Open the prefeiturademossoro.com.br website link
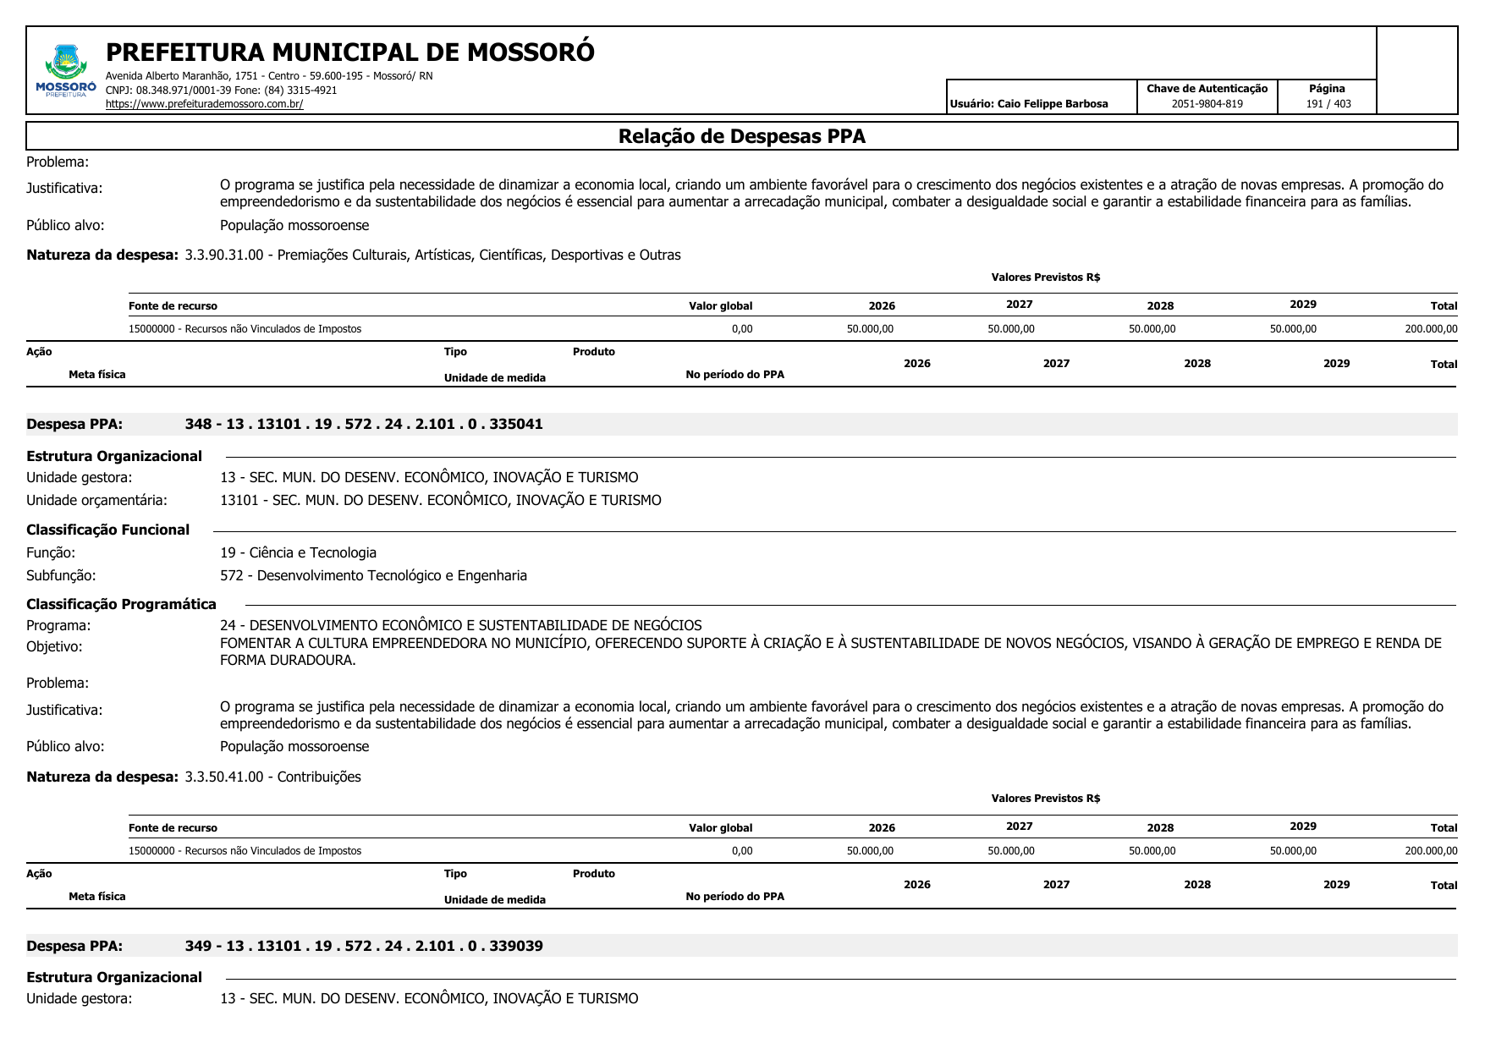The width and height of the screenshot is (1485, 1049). click(x=204, y=104)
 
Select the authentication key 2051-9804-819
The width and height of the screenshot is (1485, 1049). click(x=1207, y=104)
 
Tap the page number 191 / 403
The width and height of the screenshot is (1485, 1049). click(x=1328, y=104)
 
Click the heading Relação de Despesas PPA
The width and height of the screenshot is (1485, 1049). click(x=741, y=136)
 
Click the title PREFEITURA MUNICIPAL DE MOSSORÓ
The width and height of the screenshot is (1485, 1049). click(x=349, y=52)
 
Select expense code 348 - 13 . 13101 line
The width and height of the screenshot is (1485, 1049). click(x=364, y=424)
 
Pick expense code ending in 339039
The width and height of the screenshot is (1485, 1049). click(x=364, y=946)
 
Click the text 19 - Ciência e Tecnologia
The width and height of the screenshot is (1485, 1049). click(x=298, y=552)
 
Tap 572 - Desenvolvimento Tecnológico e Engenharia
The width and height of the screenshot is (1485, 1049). click(x=373, y=575)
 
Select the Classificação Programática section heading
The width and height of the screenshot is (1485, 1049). click(x=121, y=604)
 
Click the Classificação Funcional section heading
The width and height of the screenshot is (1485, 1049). click(x=107, y=530)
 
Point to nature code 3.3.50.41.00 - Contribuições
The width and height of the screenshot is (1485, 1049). click(x=272, y=777)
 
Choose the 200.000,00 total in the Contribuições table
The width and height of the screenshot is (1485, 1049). click(x=1430, y=851)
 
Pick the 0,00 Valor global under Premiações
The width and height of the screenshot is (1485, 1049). click(x=741, y=329)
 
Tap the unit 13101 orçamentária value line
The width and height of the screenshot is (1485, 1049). click(x=440, y=500)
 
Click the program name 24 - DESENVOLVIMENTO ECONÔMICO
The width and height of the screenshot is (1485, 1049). click(x=460, y=625)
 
